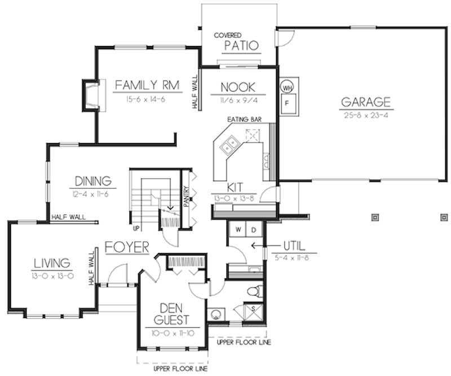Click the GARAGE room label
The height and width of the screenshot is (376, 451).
(x=365, y=102)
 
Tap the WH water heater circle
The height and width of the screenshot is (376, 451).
(x=287, y=88)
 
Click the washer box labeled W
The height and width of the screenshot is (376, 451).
(x=238, y=230)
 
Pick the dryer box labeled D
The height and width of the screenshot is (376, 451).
(x=254, y=230)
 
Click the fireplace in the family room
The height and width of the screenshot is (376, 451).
(x=91, y=94)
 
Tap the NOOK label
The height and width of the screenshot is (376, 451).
(x=237, y=87)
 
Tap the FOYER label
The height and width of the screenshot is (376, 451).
(x=126, y=247)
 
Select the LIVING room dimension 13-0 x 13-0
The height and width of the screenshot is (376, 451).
(x=51, y=275)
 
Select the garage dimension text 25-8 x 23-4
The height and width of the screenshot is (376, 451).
(x=365, y=114)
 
